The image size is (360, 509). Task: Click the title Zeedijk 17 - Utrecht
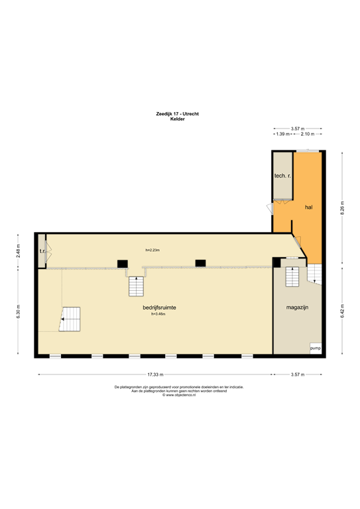pyautogui.click(x=177, y=114)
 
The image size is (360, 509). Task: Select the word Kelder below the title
pyautogui.click(x=177, y=119)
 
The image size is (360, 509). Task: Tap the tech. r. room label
pyautogui.click(x=283, y=176)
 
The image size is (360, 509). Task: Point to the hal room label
pyautogui.click(x=308, y=207)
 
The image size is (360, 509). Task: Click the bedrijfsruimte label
pyautogui.click(x=158, y=308)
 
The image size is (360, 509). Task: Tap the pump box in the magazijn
pyautogui.click(x=315, y=348)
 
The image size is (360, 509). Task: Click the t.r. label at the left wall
pyautogui.click(x=42, y=251)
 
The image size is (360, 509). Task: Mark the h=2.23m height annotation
pyautogui.click(x=152, y=250)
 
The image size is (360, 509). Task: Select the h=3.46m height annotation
pyautogui.click(x=158, y=314)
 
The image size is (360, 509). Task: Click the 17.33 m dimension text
pyautogui.click(x=156, y=374)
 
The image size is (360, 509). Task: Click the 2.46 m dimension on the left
pyautogui.click(x=19, y=251)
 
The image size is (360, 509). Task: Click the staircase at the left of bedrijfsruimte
pyautogui.click(x=70, y=319)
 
